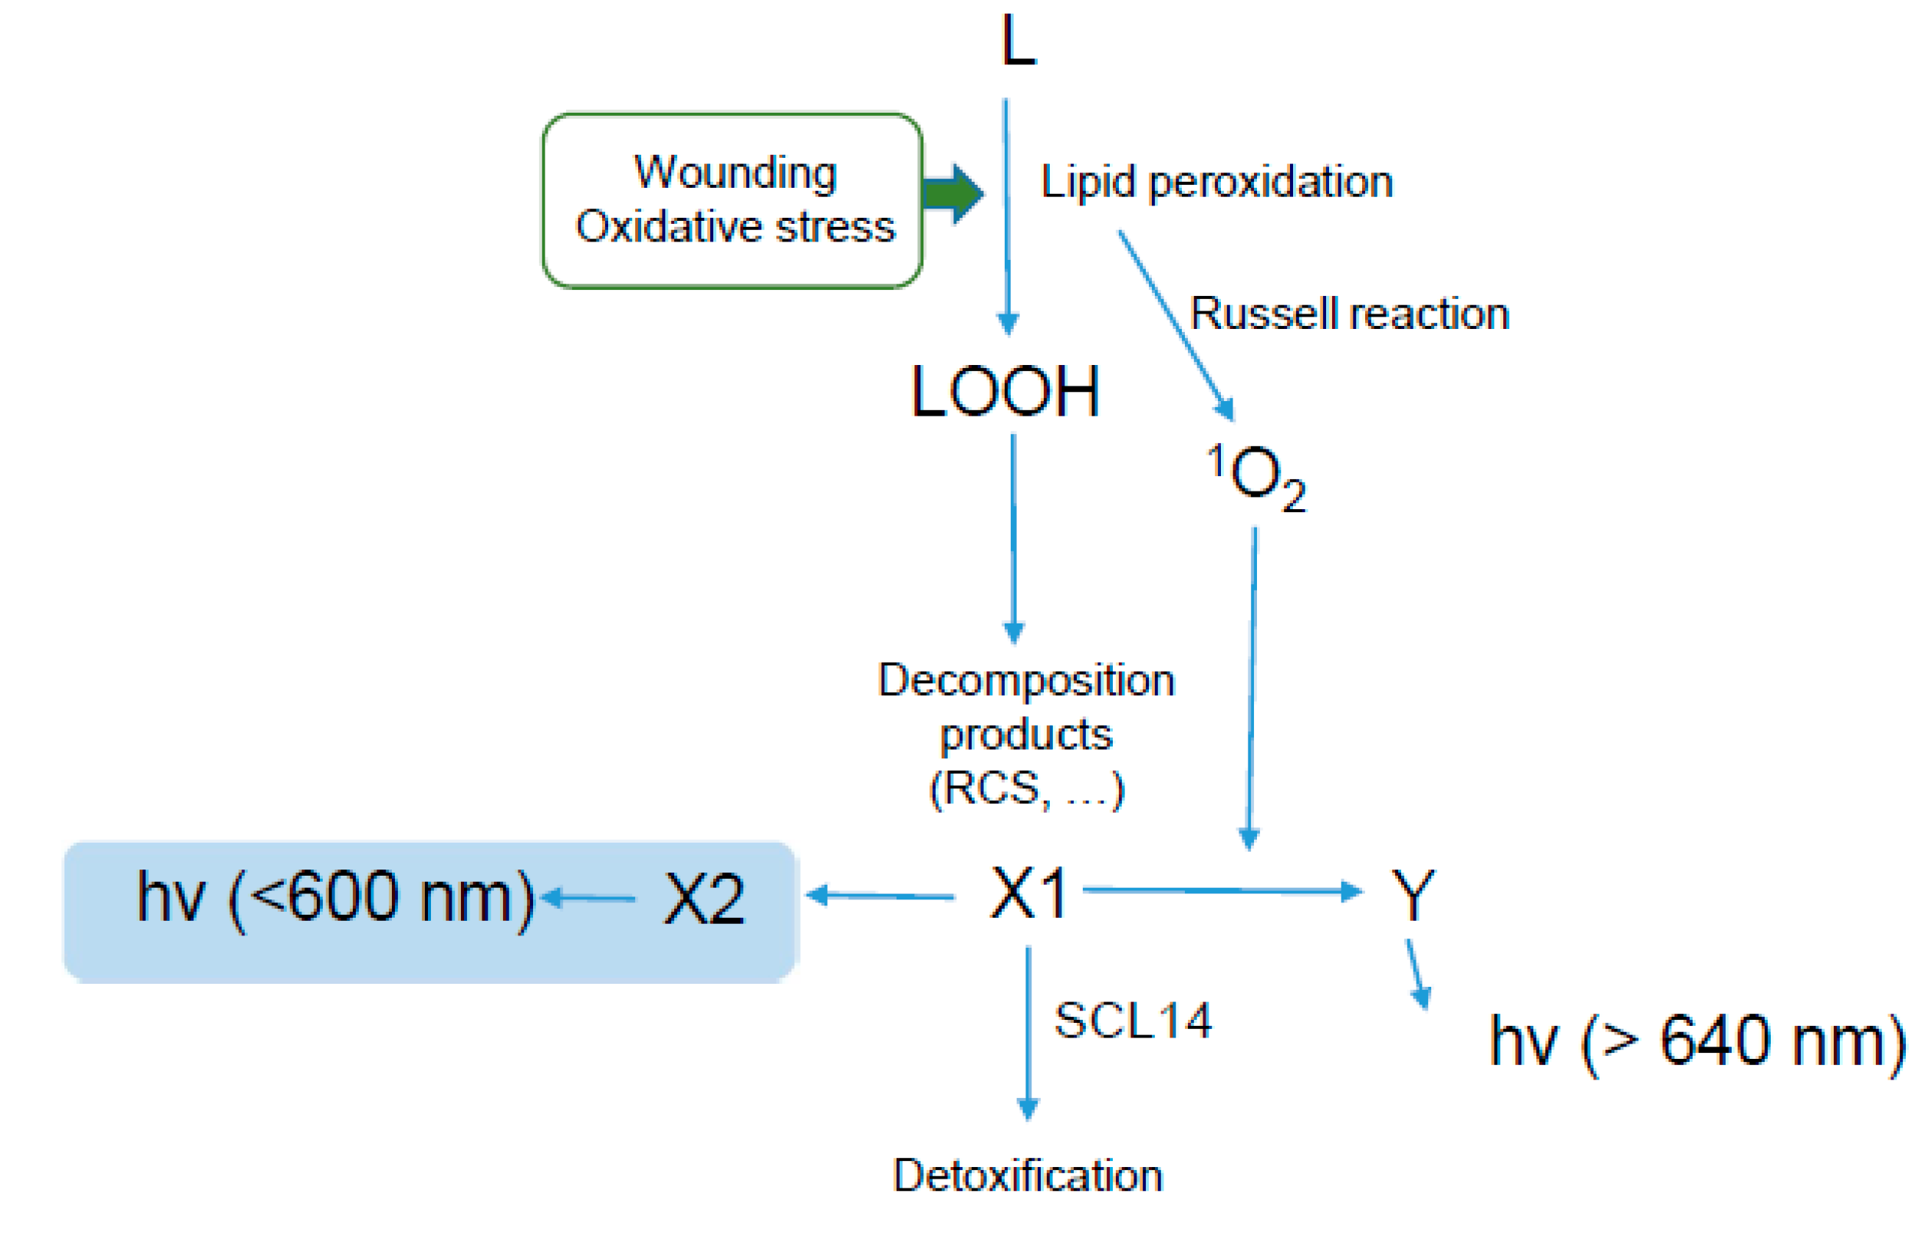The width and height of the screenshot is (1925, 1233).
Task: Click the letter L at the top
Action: [1018, 41]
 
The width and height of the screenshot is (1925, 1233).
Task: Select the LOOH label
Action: [1005, 393]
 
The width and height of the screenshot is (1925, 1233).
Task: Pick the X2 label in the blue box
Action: [705, 899]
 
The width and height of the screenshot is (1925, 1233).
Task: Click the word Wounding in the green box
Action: [735, 172]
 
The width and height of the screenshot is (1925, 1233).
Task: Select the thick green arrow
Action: [952, 194]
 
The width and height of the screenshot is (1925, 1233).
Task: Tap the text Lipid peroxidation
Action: [1216, 182]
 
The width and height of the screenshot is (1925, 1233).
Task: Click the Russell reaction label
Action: [1349, 314]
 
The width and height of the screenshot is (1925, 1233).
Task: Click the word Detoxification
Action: [1028, 1176]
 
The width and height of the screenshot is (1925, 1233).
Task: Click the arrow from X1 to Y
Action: [1221, 890]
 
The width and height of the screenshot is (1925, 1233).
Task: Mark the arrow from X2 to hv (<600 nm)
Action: [589, 897]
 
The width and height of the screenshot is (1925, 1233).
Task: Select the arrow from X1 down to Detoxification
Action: [1028, 1033]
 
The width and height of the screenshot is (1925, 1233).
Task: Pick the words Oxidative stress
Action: [735, 226]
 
